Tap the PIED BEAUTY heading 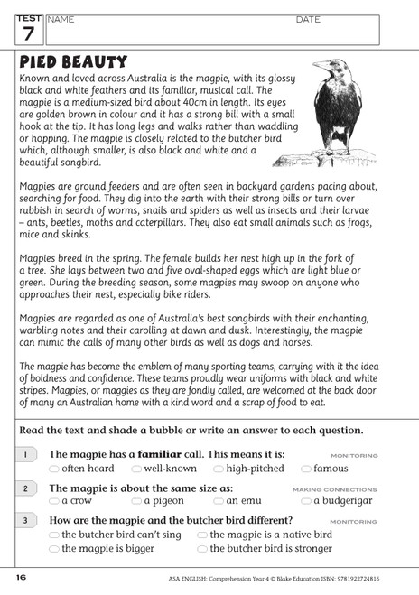(73, 61)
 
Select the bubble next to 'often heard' (54, 469)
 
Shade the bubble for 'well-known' (136, 469)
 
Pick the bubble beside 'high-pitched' (219, 469)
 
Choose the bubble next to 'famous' (306, 469)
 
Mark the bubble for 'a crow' (54, 501)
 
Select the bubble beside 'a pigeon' (136, 501)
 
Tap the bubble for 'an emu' (219, 501)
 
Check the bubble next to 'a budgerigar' (306, 501)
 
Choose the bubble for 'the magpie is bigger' (54, 549)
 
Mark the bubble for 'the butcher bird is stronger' (202, 549)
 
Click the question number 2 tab (25, 488)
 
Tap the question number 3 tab (25, 521)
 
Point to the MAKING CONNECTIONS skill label (348, 489)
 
